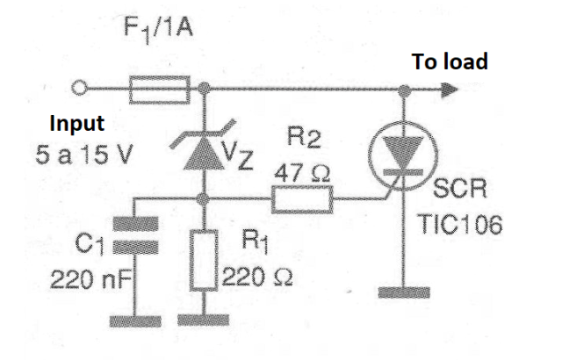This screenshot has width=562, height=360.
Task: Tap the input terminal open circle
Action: (x=79, y=88)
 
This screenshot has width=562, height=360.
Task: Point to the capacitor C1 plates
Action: (x=135, y=235)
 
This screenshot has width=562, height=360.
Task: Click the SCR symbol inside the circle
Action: (x=403, y=155)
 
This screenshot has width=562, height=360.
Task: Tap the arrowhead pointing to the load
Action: (x=450, y=90)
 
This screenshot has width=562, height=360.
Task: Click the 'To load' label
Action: (x=450, y=61)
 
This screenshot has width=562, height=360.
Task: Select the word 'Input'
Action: (x=77, y=124)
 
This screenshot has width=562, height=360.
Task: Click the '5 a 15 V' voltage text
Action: (x=84, y=155)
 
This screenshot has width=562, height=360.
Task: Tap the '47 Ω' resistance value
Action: (x=302, y=173)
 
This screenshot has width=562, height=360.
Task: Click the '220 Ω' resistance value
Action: (x=257, y=277)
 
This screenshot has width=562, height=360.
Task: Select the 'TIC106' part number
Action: (x=459, y=225)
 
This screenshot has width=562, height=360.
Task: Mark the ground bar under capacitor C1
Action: (x=135, y=321)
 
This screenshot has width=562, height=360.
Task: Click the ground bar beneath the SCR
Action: (x=404, y=292)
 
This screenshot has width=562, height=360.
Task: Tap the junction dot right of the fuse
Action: (x=204, y=88)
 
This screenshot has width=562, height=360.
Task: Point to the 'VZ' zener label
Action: (x=238, y=155)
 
